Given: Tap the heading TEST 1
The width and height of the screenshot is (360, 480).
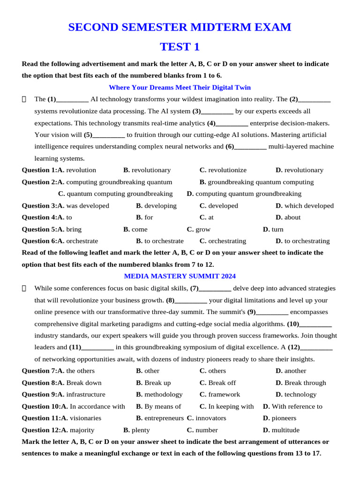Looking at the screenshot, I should tap(180, 47).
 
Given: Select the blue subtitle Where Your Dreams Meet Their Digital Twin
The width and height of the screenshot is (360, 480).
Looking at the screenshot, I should tap(180, 88).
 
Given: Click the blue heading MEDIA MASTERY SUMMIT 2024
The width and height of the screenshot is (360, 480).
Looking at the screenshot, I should tap(180, 276).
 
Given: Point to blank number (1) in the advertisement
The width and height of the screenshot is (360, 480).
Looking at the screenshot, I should tap(68, 99).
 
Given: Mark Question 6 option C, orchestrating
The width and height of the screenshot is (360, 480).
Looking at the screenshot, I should tap(223, 241).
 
